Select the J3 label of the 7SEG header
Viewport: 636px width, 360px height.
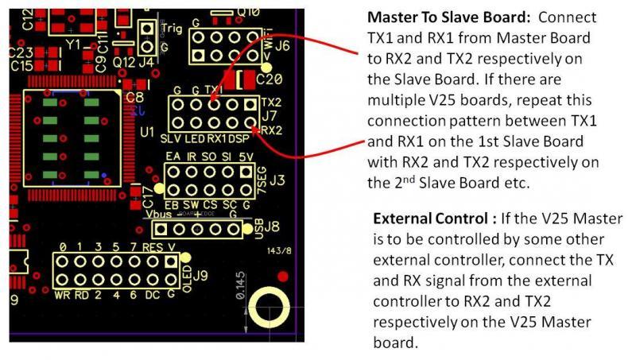[x=277, y=180]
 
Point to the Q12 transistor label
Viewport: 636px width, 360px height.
[x=123, y=60]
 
